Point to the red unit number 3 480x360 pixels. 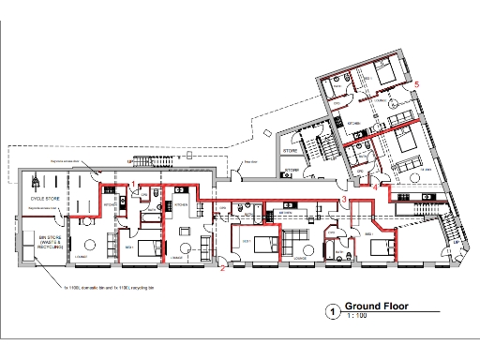343,200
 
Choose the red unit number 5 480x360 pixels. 417,84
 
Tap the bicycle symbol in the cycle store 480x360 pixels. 36,178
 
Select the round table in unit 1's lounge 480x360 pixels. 90,243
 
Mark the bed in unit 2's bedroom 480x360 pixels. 264,243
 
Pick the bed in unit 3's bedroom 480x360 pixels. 380,247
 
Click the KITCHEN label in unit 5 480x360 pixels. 355,123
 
